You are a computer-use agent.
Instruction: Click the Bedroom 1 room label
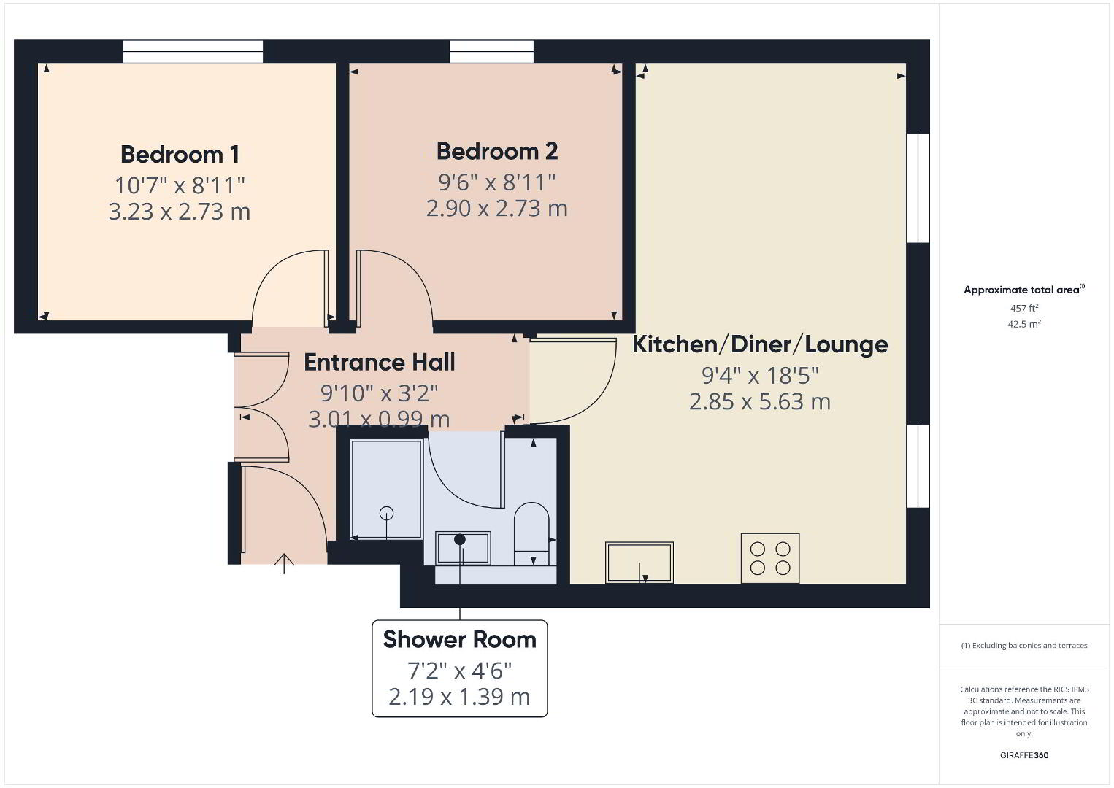click(x=180, y=154)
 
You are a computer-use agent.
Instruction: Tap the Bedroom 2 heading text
click(x=497, y=151)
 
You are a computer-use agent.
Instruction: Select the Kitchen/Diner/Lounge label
click(x=760, y=344)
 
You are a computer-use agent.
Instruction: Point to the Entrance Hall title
click(x=380, y=362)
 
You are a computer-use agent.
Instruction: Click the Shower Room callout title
click(x=459, y=639)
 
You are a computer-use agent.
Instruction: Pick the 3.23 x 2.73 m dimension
click(x=180, y=212)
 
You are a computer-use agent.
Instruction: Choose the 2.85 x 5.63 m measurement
click(x=760, y=402)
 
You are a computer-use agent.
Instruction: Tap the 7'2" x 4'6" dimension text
click(x=459, y=671)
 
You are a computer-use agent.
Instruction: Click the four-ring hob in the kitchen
click(x=770, y=558)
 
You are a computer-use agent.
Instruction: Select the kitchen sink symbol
click(x=639, y=563)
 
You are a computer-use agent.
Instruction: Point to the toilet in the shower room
click(x=531, y=533)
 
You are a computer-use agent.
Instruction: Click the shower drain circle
click(x=386, y=513)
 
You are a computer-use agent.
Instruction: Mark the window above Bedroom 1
click(x=193, y=52)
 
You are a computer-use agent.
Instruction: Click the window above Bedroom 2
click(x=491, y=52)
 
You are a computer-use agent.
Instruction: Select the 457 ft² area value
click(x=1024, y=308)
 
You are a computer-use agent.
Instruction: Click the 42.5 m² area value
click(x=1024, y=324)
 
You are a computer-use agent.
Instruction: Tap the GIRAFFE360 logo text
click(x=1024, y=755)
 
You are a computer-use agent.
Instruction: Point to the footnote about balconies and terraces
click(x=1024, y=645)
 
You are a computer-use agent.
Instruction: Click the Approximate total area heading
click(x=1024, y=290)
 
